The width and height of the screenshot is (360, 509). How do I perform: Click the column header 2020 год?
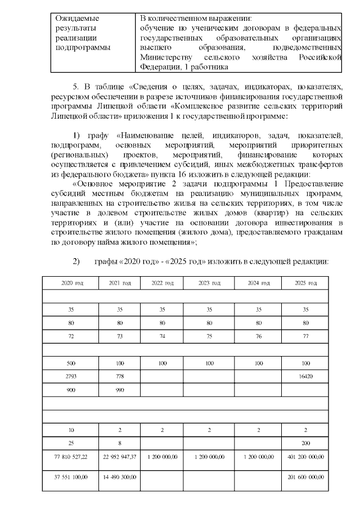71,282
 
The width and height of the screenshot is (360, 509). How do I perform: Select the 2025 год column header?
305,282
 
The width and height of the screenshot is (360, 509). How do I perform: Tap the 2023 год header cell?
209,282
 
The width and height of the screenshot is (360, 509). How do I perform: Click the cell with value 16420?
305,376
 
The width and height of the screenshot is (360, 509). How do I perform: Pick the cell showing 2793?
71,376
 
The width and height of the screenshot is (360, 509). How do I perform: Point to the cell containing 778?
119,376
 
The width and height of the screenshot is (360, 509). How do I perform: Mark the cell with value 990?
119,390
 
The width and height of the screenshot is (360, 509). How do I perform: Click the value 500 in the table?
71,363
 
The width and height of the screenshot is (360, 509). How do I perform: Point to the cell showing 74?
162,336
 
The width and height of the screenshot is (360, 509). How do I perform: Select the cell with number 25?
71,443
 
